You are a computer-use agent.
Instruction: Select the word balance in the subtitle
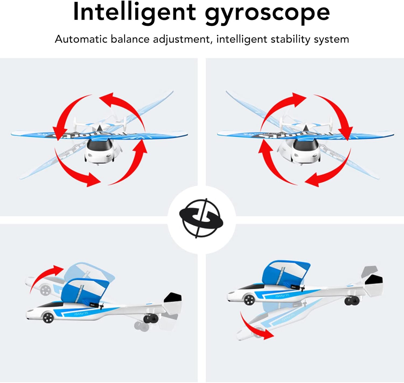(130, 39)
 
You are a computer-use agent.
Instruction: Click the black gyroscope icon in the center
(201, 218)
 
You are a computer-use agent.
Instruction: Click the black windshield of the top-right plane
(305, 146)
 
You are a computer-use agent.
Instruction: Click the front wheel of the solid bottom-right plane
(249, 299)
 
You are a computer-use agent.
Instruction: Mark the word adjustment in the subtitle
(181, 39)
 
